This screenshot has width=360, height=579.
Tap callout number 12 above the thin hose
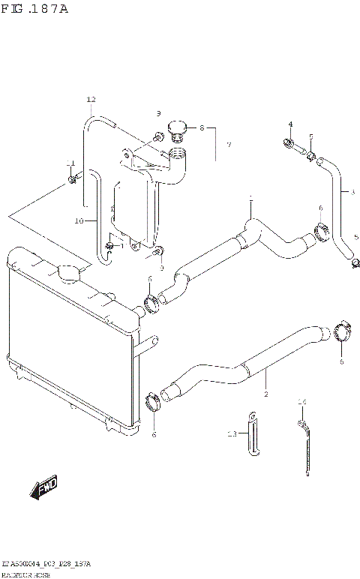click(91, 100)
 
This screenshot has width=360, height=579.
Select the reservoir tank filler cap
click(177, 128)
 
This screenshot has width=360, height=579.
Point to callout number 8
click(201, 128)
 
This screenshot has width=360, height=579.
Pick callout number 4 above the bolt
click(290, 124)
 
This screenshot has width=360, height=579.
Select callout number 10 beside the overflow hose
click(79, 221)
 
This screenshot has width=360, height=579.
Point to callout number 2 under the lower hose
click(265, 393)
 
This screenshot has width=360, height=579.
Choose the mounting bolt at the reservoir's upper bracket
click(158, 136)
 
